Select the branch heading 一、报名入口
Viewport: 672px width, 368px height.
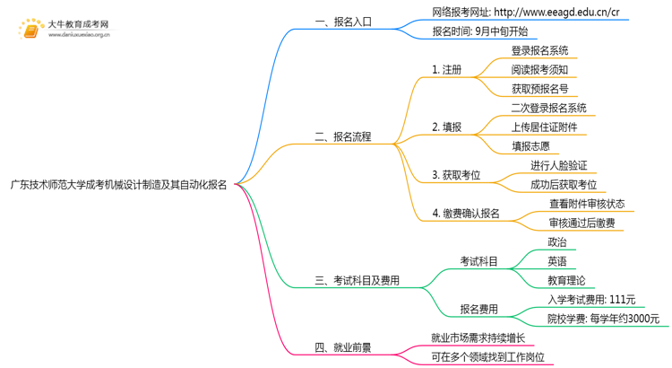click(343, 22)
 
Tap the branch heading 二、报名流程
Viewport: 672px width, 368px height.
click(343, 137)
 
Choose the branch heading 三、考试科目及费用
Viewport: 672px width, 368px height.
click(358, 281)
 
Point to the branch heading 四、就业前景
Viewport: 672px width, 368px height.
click(343, 348)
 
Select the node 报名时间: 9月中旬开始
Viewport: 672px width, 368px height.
click(480, 31)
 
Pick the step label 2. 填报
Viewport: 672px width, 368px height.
click(447, 127)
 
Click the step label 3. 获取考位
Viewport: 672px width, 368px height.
click(456, 175)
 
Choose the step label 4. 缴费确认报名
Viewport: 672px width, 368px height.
click(466, 214)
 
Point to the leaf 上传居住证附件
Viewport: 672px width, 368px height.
click(543, 127)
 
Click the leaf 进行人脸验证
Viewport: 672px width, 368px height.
click(558, 165)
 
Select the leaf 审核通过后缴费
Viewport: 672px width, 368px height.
click(582, 223)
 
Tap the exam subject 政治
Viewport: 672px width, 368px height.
click(556, 242)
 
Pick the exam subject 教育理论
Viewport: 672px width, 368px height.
click(566, 280)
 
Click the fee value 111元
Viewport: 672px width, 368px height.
click(621, 300)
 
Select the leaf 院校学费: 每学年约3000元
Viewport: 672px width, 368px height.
click(602, 319)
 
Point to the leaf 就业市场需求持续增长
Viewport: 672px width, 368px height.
click(478, 338)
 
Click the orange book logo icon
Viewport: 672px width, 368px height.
click(31, 31)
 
